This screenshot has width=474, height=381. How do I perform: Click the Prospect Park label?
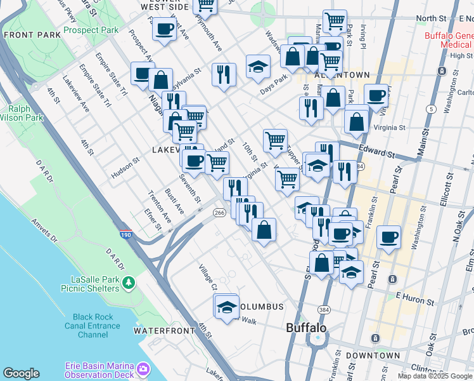click(x=91, y=30)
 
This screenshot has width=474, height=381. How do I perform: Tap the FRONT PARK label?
click(x=27, y=36)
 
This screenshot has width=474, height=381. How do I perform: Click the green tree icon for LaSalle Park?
click(x=129, y=281)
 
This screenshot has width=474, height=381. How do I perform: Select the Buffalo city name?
click(x=306, y=328)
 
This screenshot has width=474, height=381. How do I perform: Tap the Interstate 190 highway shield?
click(x=125, y=234)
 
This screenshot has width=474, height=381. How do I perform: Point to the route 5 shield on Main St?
click(x=432, y=109)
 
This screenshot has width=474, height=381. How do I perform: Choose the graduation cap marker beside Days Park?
click(x=258, y=67)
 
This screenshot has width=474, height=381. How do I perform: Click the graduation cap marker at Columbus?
click(x=226, y=307)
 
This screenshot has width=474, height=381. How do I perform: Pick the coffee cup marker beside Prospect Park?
click(x=164, y=29)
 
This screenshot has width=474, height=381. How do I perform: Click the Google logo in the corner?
click(x=21, y=373)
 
